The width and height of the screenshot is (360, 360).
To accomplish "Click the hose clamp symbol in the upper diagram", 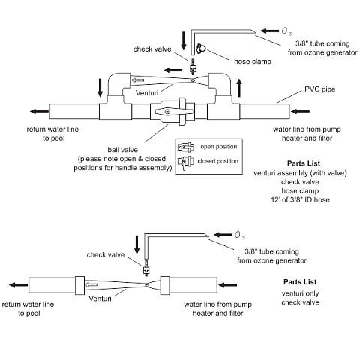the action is (201, 49).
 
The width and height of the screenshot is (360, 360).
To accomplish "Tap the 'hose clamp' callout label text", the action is (253, 61).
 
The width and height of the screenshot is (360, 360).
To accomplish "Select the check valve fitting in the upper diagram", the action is (193, 67).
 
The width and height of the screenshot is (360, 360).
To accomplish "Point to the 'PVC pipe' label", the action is (319, 89).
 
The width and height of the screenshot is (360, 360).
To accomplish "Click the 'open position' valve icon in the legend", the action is (186, 147).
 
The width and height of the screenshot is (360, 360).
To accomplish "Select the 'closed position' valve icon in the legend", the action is (186, 163).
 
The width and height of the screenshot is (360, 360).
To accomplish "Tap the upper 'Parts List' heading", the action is (304, 163).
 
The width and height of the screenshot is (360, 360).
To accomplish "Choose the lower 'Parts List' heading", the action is (300, 282).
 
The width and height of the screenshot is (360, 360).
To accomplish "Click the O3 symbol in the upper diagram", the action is (286, 31).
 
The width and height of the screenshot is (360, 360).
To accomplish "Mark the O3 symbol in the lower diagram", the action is (239, 235).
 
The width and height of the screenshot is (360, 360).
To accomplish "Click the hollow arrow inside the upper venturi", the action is (138, 80).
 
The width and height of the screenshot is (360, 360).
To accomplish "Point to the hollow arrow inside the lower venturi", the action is (91, 284).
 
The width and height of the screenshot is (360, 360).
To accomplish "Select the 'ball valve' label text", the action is (122, 150).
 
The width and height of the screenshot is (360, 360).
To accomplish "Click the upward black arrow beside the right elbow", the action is (239, 88).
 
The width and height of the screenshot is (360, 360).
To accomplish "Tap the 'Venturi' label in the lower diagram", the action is (100, 298).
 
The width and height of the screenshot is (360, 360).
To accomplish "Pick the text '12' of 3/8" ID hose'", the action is (300, 199).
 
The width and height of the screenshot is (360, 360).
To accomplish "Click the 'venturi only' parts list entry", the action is (300, 293).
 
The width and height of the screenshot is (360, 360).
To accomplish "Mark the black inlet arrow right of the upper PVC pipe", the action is (300, 111).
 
